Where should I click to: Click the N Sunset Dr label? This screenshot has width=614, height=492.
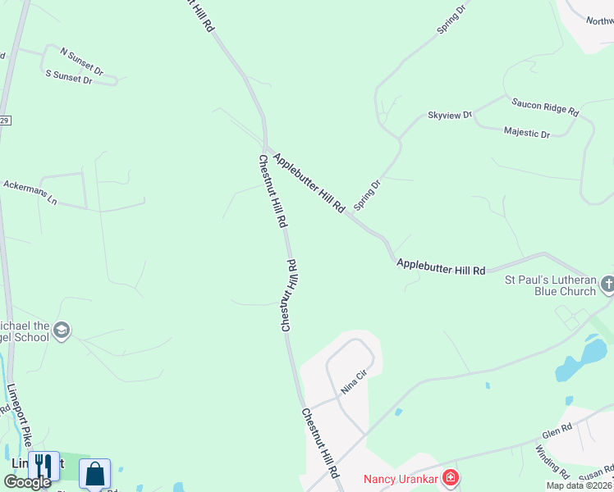[x=81, y=61]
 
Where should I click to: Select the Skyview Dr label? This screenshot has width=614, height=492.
[x=450, y=116]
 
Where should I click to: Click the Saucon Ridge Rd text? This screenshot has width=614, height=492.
[x=545, y=107]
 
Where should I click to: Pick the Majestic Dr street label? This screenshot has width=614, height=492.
[x=527, y=132]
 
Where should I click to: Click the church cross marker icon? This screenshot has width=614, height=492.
[x=607, y=285]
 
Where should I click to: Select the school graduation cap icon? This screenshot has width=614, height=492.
[x=61, y=330]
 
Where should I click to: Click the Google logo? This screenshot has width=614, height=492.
[x=26, y=481]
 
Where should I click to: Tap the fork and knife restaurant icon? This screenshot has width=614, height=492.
[x=44, y=467]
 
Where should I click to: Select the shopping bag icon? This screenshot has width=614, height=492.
[x=94, y=473]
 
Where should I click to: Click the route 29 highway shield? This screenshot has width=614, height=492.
[x=4, y=121]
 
